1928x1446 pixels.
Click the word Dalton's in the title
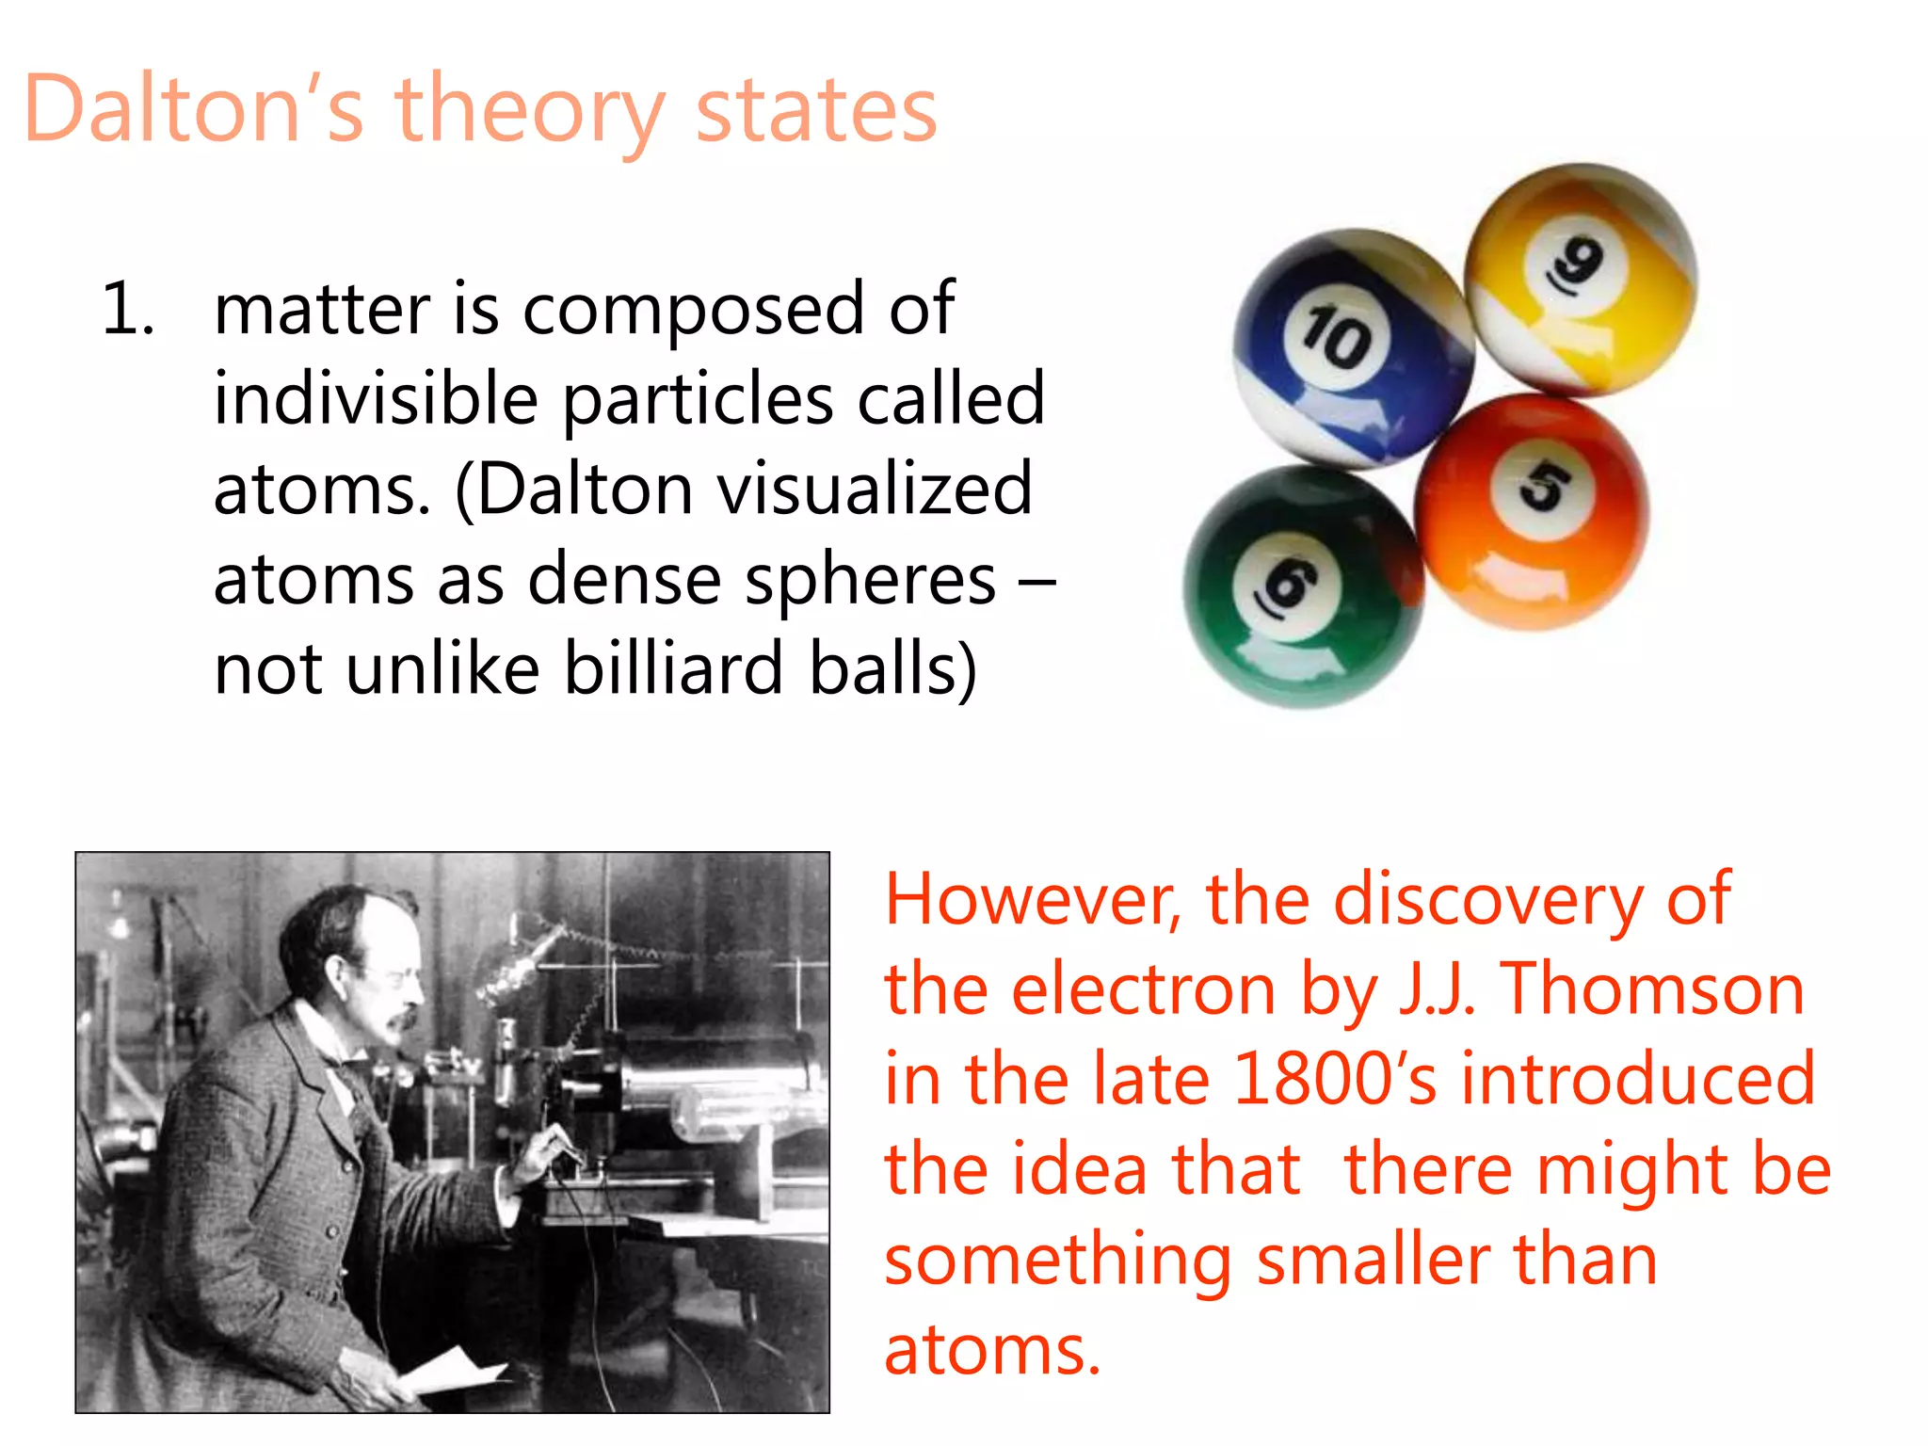tap(193, 110)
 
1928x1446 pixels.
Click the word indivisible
tap(376, 399)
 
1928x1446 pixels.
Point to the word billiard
tap(673, 668)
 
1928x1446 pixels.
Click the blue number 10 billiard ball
tap(1352, 348)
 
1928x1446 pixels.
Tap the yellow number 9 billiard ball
tap(1582, 278)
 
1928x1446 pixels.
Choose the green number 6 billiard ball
tap(1302, 586)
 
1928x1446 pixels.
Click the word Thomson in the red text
tap(1652, 989)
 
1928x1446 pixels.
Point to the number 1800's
tap(1334, 1079)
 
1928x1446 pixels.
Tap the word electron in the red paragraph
tap(1143, 989)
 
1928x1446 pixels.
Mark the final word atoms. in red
tap(992, 1350)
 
